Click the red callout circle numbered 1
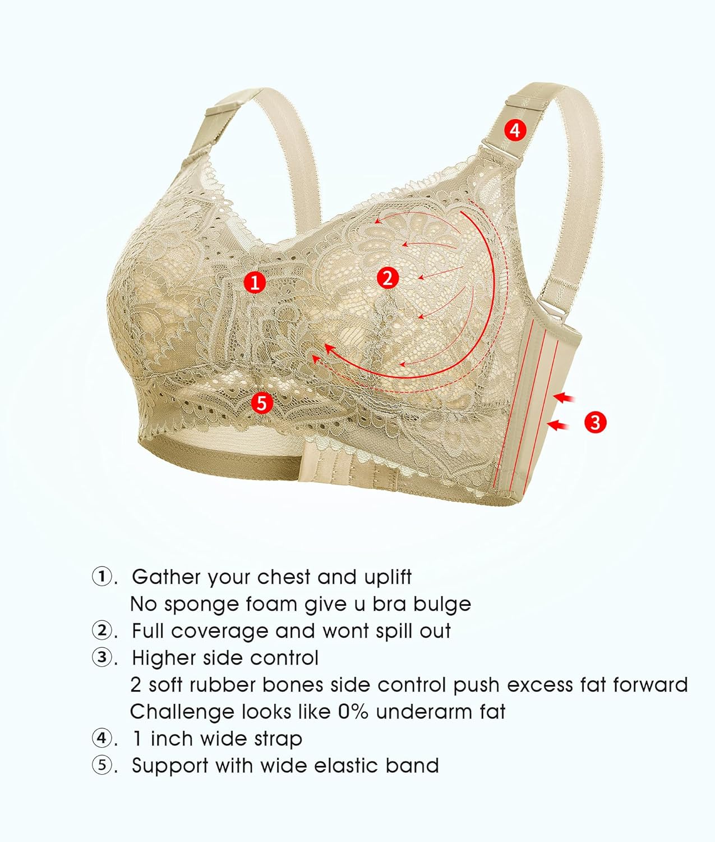[x=255, y=282]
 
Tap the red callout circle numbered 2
[x=388, y=277]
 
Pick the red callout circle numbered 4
[x=515, y=130]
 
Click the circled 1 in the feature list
[x=102, y=577]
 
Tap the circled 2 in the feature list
[x=102, y=631]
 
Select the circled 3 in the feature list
[x=102, y=658]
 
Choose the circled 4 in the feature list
[x=102, y=739]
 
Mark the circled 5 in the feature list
[x=102, y=766]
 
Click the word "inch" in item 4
[x=172, y=739]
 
